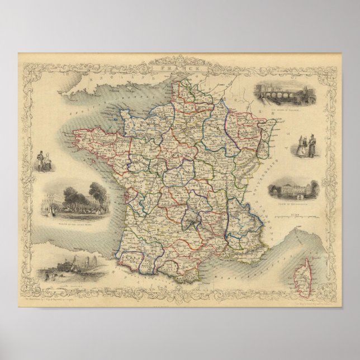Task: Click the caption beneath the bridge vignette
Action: pyautogui.click(x=287, y=117)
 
